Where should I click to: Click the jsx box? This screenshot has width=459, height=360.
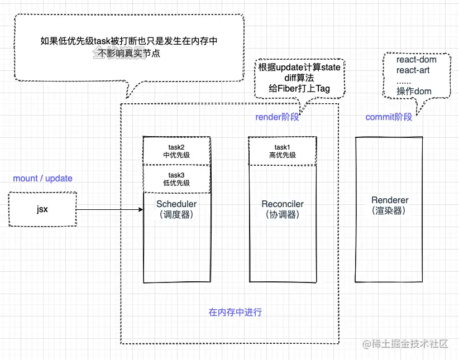pyautogui.click(x=42, y=210)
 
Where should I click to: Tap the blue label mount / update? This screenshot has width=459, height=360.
pyautogui.click(x=42, y=179)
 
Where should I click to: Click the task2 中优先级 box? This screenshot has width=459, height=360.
pyautogui.click(x=176, y=151)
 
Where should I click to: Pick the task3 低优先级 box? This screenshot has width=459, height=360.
pyautogui.click(x=176, y=179)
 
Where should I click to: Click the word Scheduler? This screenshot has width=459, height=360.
pyautogui.click(x=176, y=204)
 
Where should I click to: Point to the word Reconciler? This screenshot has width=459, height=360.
pyautogui.click(x=283, y=204)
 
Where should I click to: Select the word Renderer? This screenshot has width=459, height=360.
pyautogui.click(x=390, y=200)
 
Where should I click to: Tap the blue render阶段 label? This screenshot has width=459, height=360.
pyautogui.click(x=277, y=117)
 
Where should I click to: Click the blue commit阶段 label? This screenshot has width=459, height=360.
pyautogui.click(x=389, y=117)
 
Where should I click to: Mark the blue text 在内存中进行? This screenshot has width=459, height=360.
pyautogui.click(x=235, y=312)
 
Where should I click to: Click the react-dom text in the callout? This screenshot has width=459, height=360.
pyautogui.click(x=416, y=59)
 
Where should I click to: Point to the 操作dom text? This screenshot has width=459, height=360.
pyautogui.click(x=414, y=91)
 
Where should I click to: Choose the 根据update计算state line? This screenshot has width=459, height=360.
pyautogui.click(x=299, y=68)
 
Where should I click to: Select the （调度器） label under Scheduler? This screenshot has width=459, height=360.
pyautogui.click(x=176, y=214)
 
